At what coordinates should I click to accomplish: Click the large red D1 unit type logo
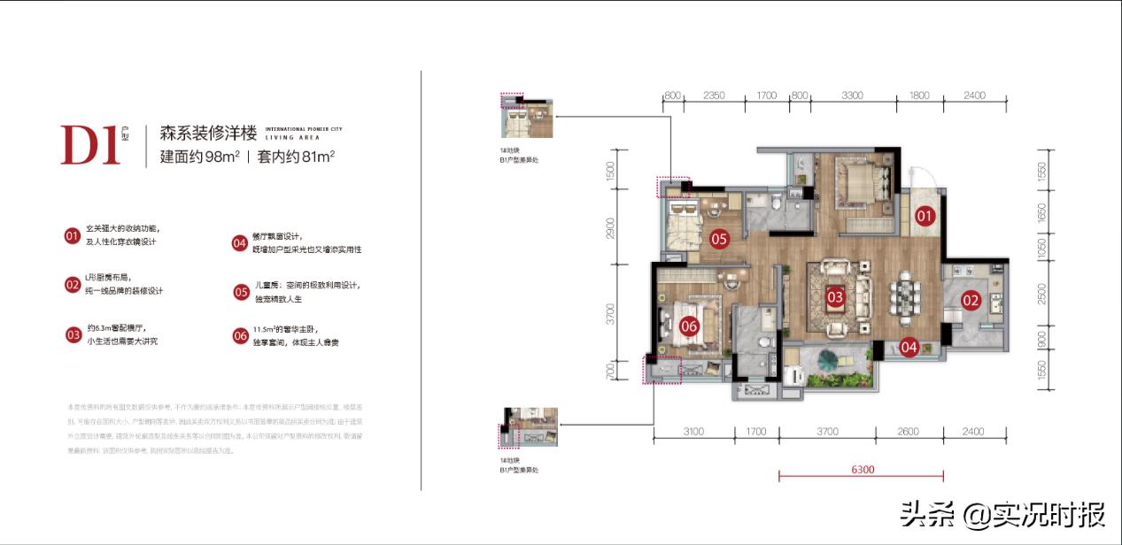90,145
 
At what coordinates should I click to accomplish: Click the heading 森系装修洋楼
208,134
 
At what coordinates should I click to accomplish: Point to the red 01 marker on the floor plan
925,215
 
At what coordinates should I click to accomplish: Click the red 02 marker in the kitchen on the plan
971,300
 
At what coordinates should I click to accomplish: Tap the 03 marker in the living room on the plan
834,297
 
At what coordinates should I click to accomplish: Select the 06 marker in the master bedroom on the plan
689,326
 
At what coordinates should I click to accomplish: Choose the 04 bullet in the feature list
240,243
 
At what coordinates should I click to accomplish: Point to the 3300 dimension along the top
852,96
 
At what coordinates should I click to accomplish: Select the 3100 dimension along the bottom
693,432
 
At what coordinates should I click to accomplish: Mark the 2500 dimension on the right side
1041,293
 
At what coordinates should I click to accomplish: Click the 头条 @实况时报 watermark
1002,514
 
